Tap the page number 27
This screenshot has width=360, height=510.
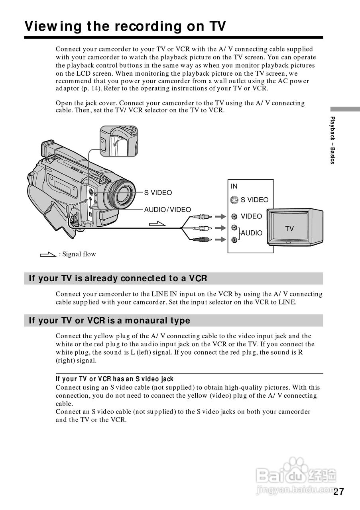[338, 491]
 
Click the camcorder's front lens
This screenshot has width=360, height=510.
[124, 194]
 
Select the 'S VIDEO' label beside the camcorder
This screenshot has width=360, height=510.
[158, 193]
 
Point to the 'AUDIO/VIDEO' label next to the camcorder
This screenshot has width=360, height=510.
[167, 210]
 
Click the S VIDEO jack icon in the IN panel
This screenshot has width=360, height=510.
[234, 200]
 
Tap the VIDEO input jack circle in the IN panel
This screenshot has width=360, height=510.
[234, 217]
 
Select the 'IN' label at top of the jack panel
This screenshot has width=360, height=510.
[234, 186]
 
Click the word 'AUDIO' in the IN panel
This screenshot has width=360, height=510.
[252, 233]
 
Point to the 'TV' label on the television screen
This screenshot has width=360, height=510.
[289, 229]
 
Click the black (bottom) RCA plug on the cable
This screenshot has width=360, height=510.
[201, 239]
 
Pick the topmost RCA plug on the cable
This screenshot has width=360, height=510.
[201, 217]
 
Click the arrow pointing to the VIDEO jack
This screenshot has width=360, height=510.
[220, 217]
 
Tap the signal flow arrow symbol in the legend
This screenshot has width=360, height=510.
[48, 254]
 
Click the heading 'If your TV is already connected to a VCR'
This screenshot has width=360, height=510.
[118, 278]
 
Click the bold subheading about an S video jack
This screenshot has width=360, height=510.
[115, 379]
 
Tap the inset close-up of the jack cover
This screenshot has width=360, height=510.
[119, 141]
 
